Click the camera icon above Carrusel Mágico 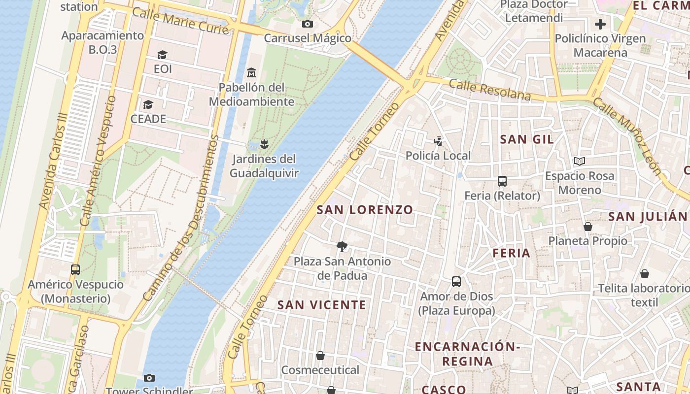pos(308,24)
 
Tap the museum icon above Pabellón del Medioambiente pos(251,73)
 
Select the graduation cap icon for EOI pos(162,55)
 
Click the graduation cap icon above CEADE pos(148,104)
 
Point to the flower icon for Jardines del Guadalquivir pos(264,144)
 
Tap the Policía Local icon pos(438,141)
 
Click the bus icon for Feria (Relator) pos(502,181)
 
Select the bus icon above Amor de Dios pos(456,282)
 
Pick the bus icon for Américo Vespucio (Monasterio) pos(75,270)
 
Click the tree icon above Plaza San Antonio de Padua pos(342,247)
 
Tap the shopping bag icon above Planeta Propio pos(587,227)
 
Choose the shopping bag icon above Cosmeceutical pos(320,356)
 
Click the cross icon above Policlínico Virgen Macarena pos(600,24)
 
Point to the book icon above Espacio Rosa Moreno pos(580,162)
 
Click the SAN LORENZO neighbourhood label pos(365,210)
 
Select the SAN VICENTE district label pos(322,305)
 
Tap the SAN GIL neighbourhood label pos(527,139)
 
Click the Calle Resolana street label pos(490,90)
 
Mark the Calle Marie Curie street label pos(181,21)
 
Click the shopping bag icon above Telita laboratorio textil pos(645,274)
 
